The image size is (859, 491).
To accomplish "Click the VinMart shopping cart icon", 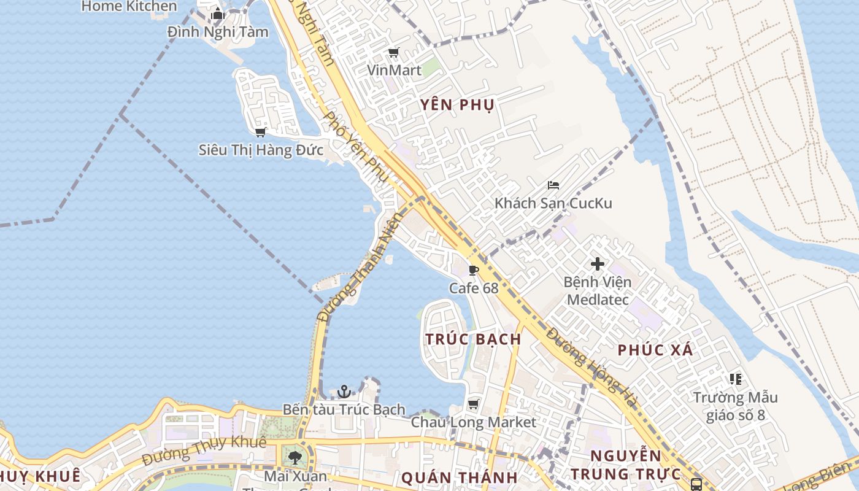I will click(x=393, y=53).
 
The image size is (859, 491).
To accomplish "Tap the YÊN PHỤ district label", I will click(x=457, y=105).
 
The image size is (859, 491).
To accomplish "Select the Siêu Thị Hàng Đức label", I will click(x=261, y=150).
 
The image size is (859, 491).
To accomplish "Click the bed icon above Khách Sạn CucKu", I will click(x=553, y=185).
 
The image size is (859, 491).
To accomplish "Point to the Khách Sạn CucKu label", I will click(x=553, y=203).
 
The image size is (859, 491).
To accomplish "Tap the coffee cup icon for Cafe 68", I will click(x=474, y=270).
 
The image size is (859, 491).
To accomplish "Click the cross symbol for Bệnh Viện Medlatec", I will click(x=597, y=265).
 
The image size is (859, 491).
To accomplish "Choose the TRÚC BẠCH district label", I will click(x=473, y=339).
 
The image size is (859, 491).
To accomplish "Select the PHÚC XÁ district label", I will click(x=655, y=350).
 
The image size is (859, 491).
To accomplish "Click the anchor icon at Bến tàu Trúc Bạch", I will click(x=344, y=391).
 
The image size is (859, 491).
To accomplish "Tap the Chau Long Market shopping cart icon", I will click(x=473, y=404).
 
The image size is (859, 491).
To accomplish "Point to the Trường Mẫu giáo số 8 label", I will click(x=735, y=406).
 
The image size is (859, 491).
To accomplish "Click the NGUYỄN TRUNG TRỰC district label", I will click(x=626, y=465).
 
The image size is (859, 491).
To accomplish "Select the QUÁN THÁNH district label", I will click(x=459, y=477).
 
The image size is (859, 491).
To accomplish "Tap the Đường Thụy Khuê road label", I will click(x=204, y=450).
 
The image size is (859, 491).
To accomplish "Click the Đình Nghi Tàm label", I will click(x=218, y=32).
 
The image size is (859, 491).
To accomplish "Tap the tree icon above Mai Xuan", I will click(x=295, y=457).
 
